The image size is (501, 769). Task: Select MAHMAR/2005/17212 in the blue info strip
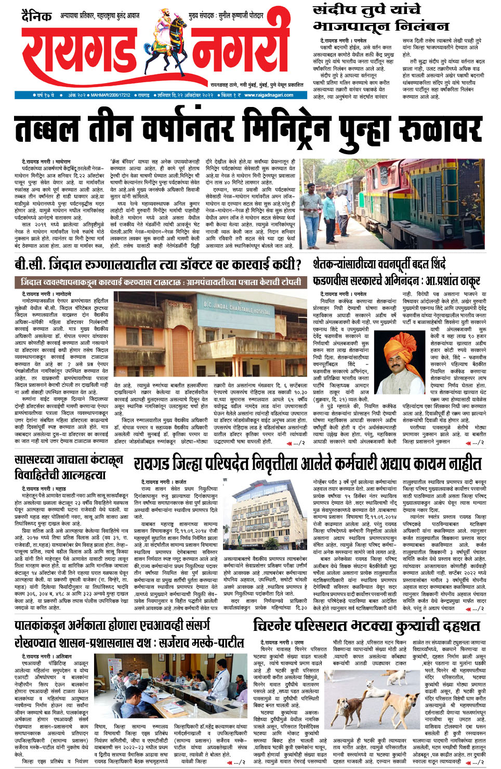(x=110, y=96)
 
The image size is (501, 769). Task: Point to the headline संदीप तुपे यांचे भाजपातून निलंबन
(x=380, y=18)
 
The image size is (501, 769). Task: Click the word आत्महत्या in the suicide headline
(x=83, y=475)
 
